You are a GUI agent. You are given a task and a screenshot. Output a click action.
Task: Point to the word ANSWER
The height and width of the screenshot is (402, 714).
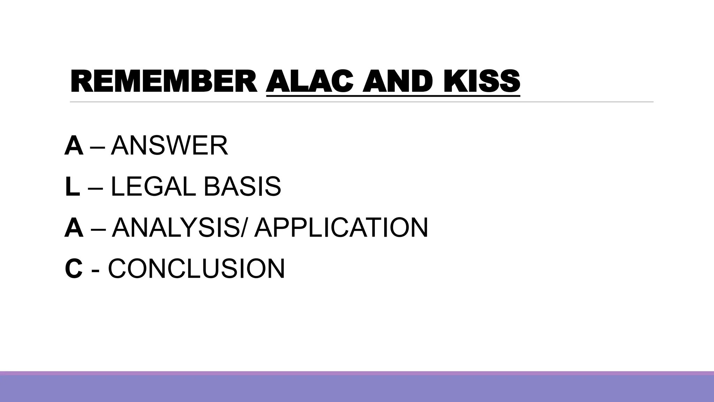[169, 146]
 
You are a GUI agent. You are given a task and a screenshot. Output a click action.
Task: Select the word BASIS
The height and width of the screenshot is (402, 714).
[242, 187]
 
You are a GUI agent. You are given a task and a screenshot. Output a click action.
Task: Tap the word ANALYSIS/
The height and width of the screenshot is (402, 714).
[181, 228]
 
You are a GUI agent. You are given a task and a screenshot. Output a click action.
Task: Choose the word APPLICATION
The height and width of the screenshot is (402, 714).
[341, 228]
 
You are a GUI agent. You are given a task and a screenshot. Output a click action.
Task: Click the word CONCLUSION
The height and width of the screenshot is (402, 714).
[197, 268]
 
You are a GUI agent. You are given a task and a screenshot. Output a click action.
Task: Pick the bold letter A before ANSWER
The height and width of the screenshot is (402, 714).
[74, 146]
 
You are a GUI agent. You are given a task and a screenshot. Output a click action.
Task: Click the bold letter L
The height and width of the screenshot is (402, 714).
[72, 187]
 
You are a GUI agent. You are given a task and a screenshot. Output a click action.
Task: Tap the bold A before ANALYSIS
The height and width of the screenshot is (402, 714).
[74, 228]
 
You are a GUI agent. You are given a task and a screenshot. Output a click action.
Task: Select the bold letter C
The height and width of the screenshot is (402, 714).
[74, 268]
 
